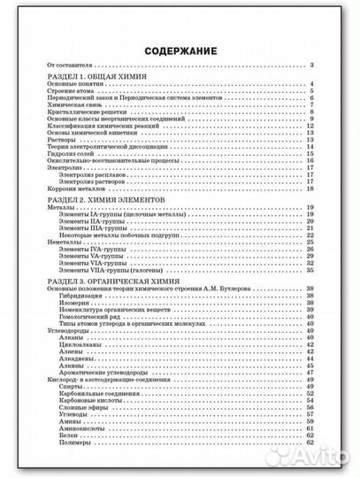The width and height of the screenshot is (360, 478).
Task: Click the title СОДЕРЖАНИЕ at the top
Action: pyautogui.click(x=180, y=50)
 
